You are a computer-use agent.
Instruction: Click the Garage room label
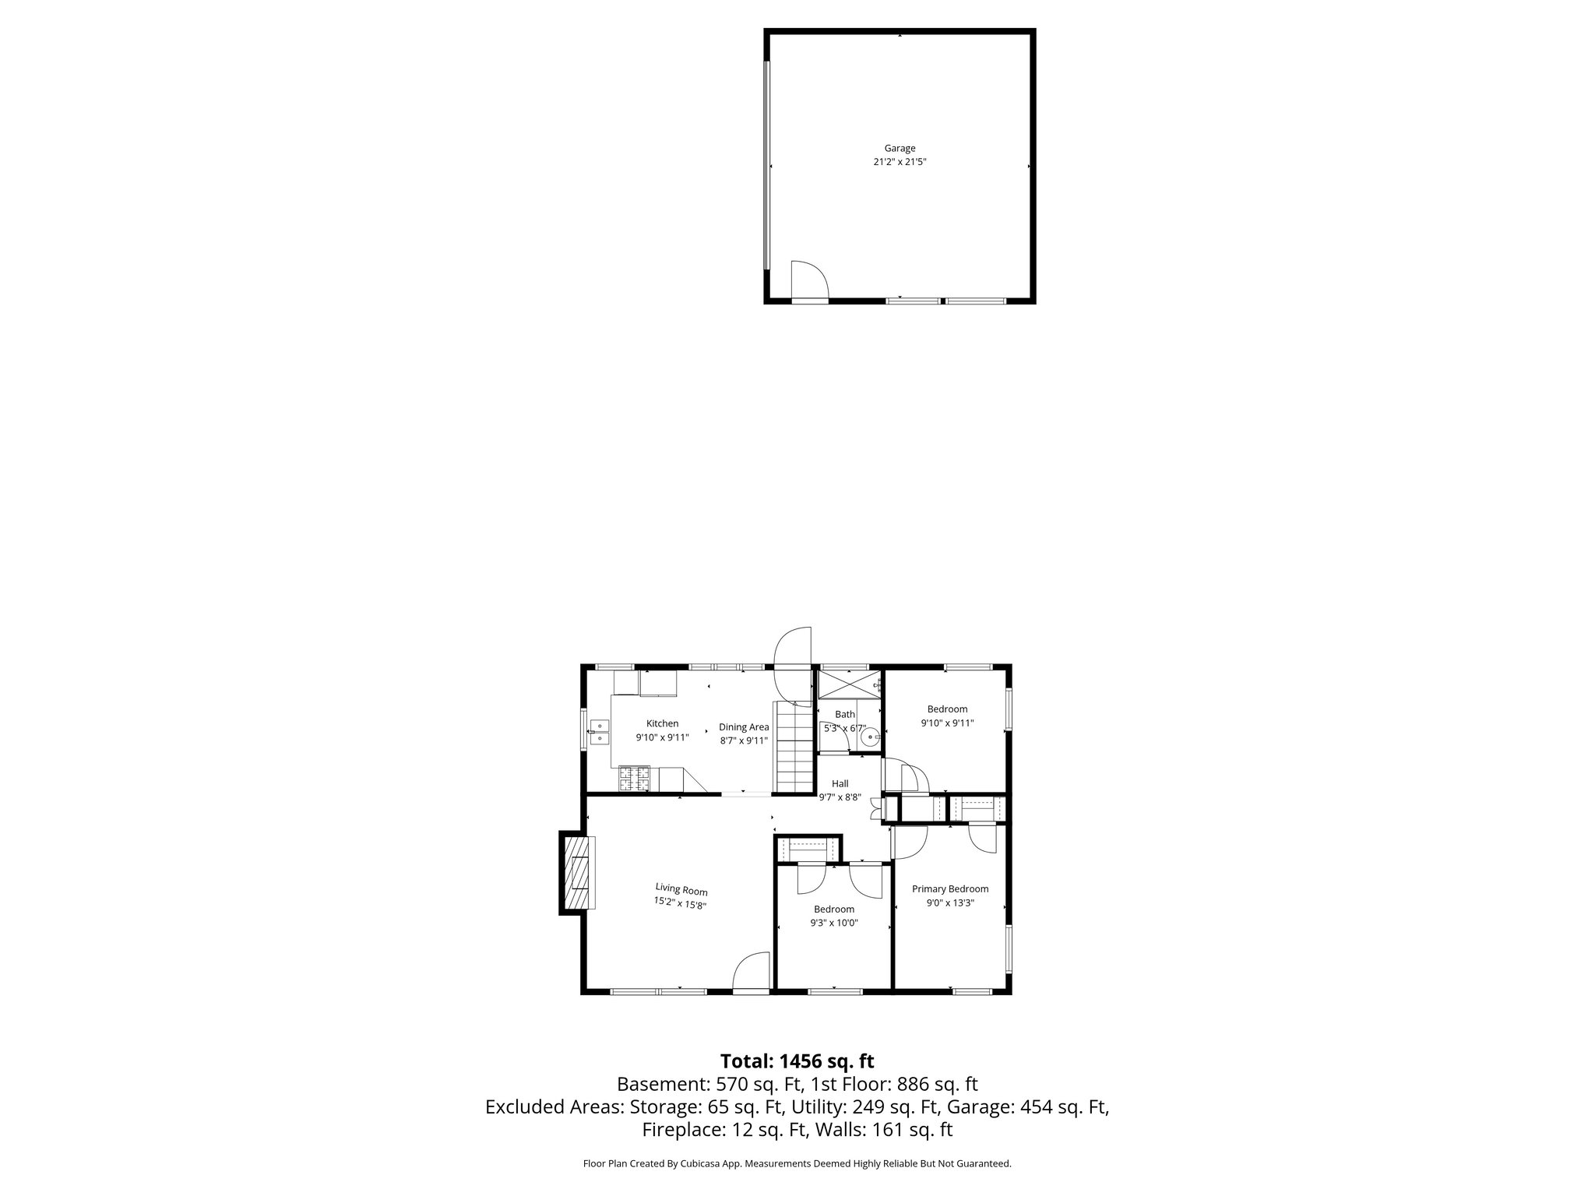pos(900,148)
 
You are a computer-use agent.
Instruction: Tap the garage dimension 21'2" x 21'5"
pos(900,163)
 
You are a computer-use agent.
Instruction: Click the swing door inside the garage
pos(808,280)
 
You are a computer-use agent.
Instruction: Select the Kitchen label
pos(662,723)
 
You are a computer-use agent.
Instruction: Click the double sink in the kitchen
pos(599,733)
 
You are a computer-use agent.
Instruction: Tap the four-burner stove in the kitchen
pos(634,779)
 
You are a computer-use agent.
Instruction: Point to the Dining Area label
pos(744,727)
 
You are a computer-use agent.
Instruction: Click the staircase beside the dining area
pos(793,747)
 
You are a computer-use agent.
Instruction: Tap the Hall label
pos(840,783)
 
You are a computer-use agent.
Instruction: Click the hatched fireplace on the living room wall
pos(576,872)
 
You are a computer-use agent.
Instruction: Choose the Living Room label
pos(681,888)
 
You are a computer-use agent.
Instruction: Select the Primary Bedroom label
pos(950,889)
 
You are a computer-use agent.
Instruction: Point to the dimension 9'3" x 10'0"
pos(834,923)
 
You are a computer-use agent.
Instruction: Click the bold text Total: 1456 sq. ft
pos(797,1061)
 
